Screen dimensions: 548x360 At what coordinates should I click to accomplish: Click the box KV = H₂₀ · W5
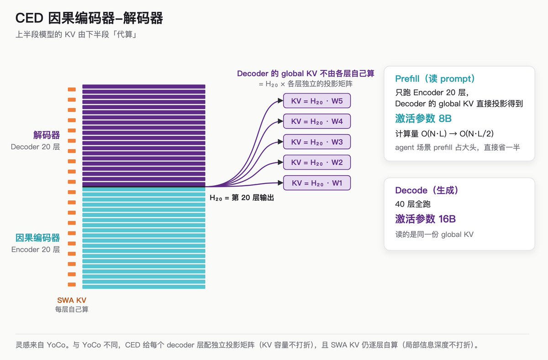click(317, 101)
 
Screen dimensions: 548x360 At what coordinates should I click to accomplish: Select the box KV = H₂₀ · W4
click(317, 121)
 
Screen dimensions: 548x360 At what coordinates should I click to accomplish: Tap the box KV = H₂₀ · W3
click(317, 142)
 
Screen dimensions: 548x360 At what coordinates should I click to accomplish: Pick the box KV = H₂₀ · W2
click(317, 162)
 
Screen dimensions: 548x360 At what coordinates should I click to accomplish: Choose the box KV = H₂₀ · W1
click(317, 183)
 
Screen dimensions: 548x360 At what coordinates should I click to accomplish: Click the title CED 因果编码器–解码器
click(89, 18)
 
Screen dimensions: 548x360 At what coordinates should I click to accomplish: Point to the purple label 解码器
click(47, 135)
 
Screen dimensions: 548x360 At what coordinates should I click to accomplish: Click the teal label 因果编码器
click(37, 238)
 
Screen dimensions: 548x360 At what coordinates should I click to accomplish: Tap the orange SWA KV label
click(72, 300)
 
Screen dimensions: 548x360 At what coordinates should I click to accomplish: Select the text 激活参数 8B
click(423, 119)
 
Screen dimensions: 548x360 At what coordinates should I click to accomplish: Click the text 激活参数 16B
click(426, 219)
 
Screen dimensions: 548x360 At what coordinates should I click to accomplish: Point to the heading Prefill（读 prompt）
click(435, 78)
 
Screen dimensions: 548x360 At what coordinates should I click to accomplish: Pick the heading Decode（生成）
click(427, 190)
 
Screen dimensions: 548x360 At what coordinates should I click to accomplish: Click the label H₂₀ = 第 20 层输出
click(242, 198)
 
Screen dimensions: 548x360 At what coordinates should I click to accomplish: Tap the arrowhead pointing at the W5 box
click(280, 101)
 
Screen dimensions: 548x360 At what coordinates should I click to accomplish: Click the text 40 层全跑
click(413, 204)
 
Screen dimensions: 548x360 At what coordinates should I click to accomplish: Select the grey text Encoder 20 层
click(36, 250)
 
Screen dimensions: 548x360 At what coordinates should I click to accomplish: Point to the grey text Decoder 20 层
click(35, 147)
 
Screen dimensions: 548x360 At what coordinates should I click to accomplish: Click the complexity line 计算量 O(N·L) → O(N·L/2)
click(444, 134)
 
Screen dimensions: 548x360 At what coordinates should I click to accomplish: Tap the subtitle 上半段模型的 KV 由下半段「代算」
click(76, 35)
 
